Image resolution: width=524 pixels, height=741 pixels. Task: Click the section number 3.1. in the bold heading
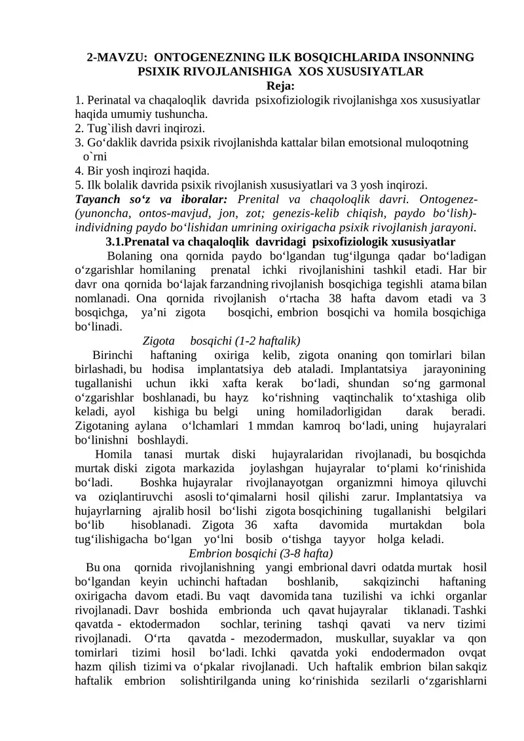click(120, 242)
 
